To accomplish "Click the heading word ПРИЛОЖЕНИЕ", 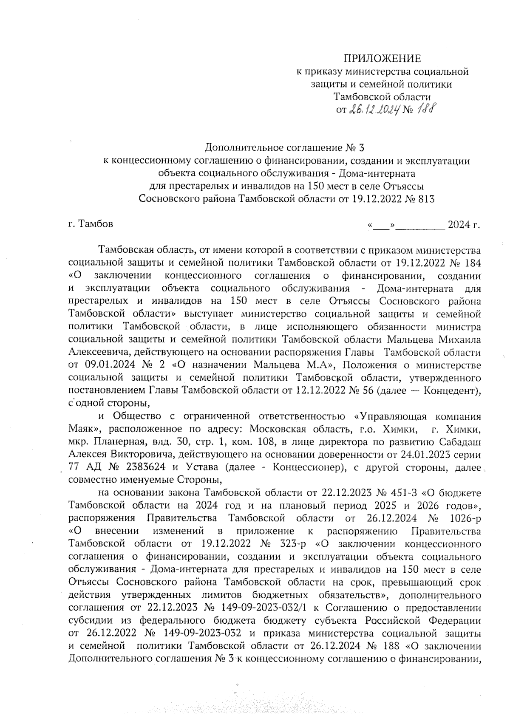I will [x=382, y=58].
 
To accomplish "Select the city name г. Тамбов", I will [x=91, y=223].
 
